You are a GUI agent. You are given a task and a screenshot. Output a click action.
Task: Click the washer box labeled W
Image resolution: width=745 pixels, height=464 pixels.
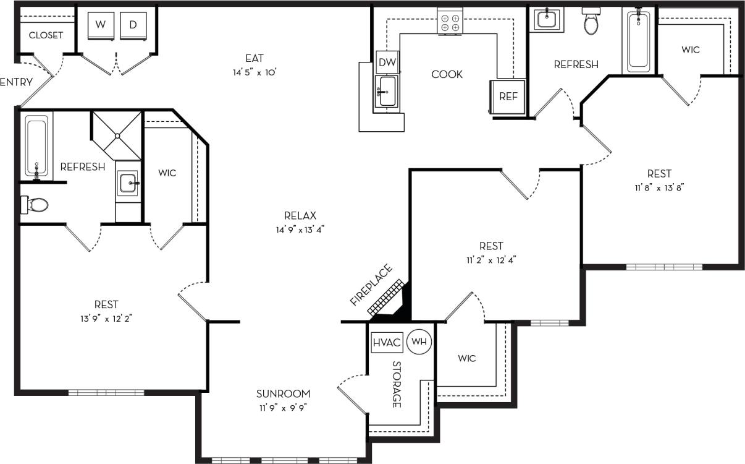click(x=100, y=25)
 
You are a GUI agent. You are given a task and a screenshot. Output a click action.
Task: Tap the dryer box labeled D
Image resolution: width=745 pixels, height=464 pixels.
click(x=133, y=25)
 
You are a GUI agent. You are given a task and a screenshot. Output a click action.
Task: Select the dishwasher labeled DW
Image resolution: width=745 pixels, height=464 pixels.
click(x=387, y=62)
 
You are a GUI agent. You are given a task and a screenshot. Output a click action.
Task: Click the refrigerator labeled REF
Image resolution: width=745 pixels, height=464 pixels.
click(x=508, y=97)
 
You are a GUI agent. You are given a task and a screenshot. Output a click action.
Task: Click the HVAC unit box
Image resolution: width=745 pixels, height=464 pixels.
click(x=387, y=342)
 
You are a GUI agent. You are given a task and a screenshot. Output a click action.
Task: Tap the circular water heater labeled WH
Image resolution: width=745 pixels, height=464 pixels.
click(x=419, y=342)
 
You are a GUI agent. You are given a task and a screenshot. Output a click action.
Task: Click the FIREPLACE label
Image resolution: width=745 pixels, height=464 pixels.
click(x=371, y=286)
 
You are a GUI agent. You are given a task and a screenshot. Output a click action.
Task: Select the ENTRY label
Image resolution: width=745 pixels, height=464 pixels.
click(x=16, y=82)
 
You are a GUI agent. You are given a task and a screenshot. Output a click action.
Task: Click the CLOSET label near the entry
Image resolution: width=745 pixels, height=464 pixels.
click(x=46, y=35)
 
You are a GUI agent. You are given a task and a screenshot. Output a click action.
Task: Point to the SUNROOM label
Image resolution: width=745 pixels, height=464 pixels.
click(x=284, y=393)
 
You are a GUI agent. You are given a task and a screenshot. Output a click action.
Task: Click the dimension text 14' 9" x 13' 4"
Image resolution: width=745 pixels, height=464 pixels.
click(x=300, y=230)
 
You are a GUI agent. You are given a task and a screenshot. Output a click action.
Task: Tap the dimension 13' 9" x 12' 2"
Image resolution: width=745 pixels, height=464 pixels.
click(x=106, y=319)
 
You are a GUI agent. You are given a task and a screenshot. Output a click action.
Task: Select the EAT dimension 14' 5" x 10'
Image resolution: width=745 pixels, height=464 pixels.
click(x=254, y=72)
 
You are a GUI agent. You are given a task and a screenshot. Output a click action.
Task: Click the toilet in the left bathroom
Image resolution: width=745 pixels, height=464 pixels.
click(x=35, y=204)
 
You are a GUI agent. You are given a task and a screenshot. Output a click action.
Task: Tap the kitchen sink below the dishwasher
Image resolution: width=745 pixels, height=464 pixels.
click(x=387, y=92)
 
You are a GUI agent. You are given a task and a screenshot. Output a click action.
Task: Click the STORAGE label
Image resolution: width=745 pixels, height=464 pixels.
click(x=397, y=384)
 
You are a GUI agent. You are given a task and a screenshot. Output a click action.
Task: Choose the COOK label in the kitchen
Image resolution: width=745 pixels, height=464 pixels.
click(x=447, y=74)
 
